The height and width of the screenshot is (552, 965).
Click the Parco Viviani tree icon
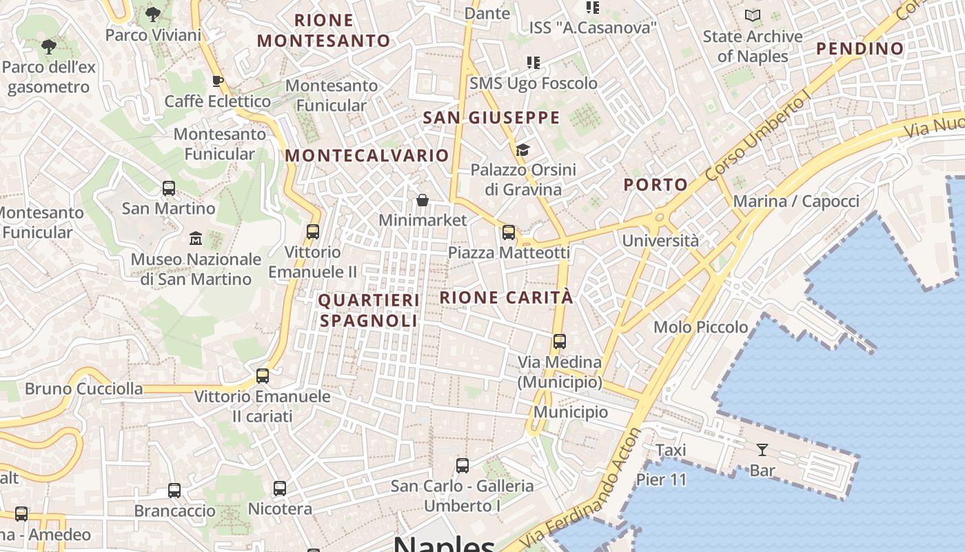[153, 13]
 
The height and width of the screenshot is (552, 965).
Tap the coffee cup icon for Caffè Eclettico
[217, 81]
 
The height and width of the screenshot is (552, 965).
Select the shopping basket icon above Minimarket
[423, 200]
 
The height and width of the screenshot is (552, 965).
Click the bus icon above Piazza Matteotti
[509, 233]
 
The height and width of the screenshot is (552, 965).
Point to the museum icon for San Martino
[196, 238]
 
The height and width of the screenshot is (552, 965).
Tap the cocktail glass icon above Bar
[762, 450]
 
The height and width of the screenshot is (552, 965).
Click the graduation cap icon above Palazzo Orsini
[522, 150]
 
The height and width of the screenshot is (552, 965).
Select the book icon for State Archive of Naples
[753, 15]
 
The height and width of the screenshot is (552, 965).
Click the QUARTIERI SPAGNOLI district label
[369, 310]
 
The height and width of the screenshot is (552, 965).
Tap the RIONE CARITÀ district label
[507, 297]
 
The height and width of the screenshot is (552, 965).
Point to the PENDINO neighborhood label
[860, 48]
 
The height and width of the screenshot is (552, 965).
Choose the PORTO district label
[656, 184]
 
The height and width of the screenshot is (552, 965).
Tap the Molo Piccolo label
[700, 327]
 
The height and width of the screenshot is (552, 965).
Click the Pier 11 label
[661, 480]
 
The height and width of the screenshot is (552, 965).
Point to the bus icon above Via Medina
[560, 341]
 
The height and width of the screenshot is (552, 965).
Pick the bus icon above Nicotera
[280, 489]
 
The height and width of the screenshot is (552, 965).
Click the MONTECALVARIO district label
[367, 156]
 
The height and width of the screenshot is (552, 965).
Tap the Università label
[660, 241]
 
